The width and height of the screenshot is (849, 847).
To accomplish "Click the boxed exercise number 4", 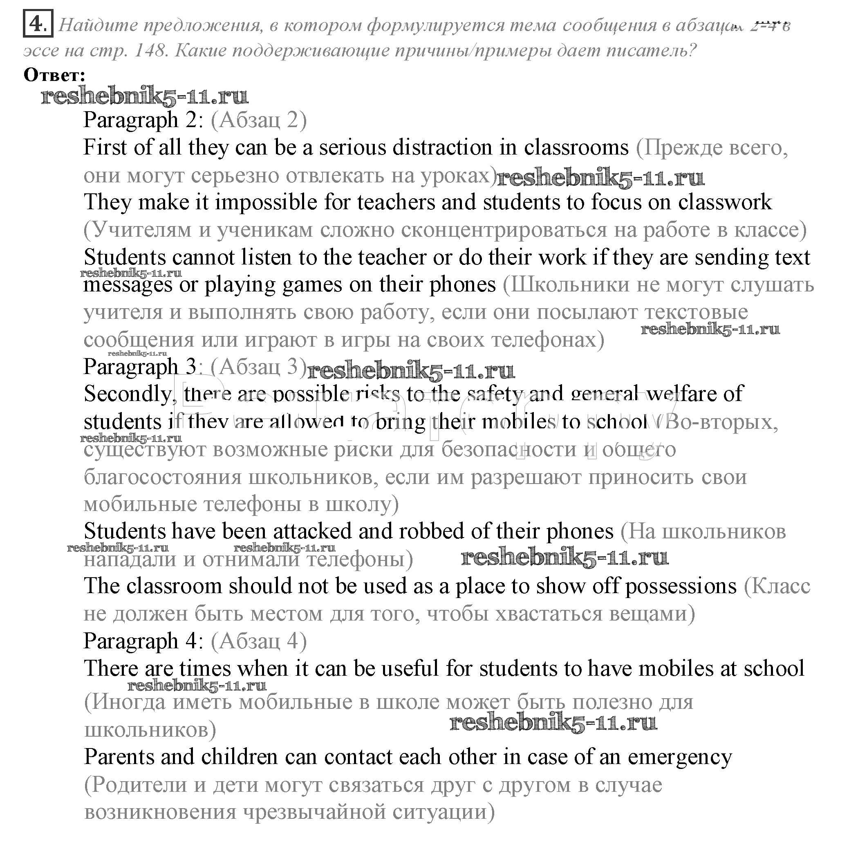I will pyautogui.click(x=37, y=23).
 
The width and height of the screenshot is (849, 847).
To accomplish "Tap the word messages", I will pyautogui.click(x=128, y=285).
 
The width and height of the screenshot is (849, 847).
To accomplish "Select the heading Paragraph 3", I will pyautogui.click(x=141, y=367).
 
